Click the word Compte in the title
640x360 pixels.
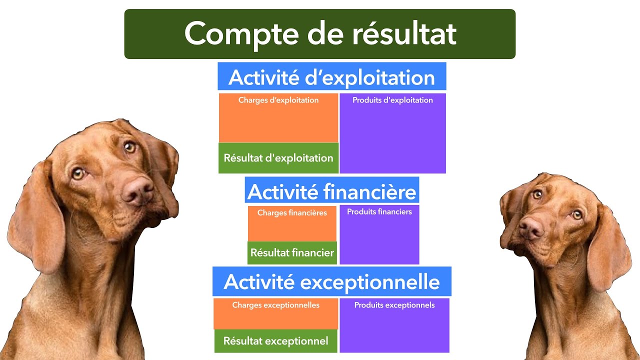[x=235, y=34]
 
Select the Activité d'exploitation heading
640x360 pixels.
[x=331, y=77]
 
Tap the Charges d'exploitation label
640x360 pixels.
[x=278, y=100]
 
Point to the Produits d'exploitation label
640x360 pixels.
[x=392, y=100]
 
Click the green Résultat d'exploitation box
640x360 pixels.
[x=278, y=158]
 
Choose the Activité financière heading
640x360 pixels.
[x=331, y=191]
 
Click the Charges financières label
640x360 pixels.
[x=292, y=212]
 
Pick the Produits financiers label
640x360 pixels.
[x=379, y=211]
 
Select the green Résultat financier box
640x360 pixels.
[x=292, y=252]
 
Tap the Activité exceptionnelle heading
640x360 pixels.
[x=331, y=281]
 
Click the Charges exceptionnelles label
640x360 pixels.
[x=276, y=305]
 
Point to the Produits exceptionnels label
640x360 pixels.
[x=394, y=305]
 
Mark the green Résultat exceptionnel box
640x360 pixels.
[x=276, y=341]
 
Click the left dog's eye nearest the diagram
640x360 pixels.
[x=129, y=147]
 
